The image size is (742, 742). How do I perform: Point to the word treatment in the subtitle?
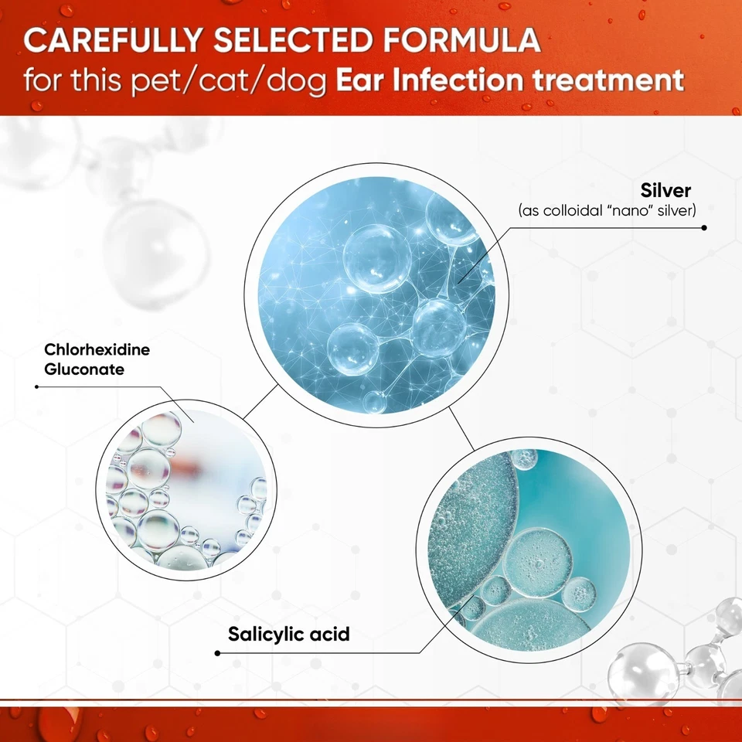(608, 80)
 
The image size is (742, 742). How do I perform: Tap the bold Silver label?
(665, 190)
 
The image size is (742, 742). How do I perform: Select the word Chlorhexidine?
(97, 349)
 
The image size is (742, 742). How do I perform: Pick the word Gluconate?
(84, 369)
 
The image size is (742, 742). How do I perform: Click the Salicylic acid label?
(288, 634)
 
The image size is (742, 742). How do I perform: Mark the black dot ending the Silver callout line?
(704, 227)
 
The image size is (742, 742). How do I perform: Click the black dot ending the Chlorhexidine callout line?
(37, 386)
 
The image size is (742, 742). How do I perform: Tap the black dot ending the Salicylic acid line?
(217, 653)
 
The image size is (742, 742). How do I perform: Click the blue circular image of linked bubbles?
(376, 294)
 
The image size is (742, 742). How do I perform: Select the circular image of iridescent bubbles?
(186, 490)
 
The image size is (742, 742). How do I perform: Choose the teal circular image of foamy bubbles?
(529, 550)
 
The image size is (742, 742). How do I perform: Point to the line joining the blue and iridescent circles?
(260, 401)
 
